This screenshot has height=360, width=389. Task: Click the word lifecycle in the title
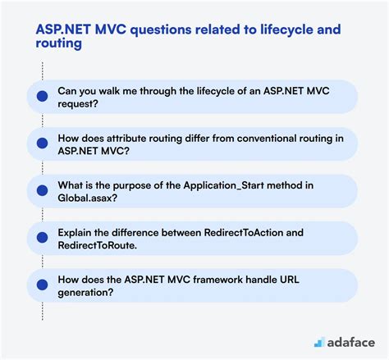(x=286, y=30)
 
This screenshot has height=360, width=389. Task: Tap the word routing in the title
(x=58, y=43)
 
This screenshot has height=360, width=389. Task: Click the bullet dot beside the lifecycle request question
(x=42, y=96)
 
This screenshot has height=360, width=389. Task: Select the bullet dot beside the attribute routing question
(x=42, y=143)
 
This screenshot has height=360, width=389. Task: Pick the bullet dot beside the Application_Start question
(x=42, y=190)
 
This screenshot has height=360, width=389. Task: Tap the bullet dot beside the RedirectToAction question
(x=42, y=237)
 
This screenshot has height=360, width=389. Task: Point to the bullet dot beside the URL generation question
(x=42, y=285)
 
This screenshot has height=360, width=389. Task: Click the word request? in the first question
(x=78, y=104)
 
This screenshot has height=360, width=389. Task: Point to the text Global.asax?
(x=87, y=198)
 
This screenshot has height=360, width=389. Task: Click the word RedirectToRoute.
(x=97, y=245)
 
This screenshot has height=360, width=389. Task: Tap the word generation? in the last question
(x=85, y=293)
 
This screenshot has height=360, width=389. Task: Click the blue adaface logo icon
(x=319, y=342)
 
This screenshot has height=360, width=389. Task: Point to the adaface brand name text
(x=351, y=343)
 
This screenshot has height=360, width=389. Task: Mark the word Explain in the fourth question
(x=75, y=233)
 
